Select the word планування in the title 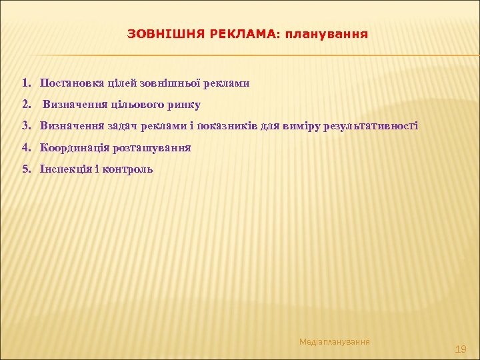coord(326,33)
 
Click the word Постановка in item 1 coord(73,83)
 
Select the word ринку coord(183,105)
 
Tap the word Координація coord(75,147)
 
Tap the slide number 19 coord(460,349)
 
